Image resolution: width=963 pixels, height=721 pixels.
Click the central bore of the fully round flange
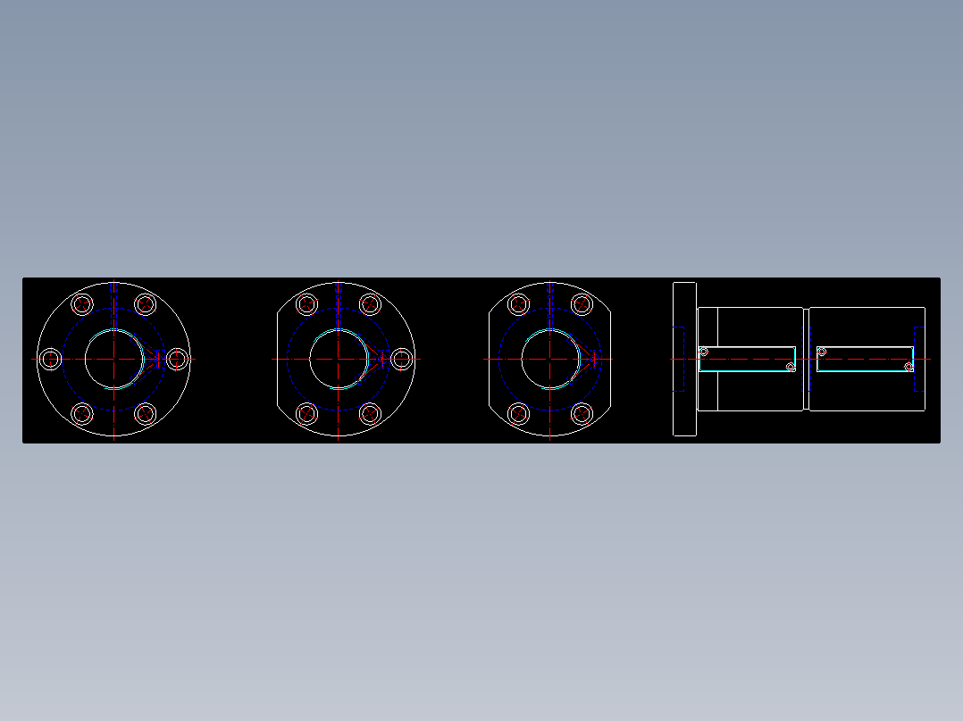[113, 359]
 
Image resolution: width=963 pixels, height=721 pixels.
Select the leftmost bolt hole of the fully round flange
[50, 359]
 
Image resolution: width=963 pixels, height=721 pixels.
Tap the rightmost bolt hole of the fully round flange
[178, 359]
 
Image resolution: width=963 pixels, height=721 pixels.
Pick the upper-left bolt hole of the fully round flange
[82, 304]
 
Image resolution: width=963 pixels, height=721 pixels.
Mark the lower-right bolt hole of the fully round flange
[146, 414]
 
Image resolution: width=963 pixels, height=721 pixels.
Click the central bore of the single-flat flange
[339, 359]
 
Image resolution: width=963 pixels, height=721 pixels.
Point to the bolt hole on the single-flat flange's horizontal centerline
[403, 359]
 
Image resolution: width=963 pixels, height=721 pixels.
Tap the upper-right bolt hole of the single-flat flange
[371, 304]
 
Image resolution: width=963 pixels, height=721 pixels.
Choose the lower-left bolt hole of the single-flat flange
[307, 414]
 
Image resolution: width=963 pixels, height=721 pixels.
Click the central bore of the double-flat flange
[549, 359]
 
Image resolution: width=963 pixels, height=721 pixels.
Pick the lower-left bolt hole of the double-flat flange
[518, 414]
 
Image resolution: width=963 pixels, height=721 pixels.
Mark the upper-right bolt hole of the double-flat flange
[582, 304]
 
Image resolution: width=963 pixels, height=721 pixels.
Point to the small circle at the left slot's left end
[704, 352]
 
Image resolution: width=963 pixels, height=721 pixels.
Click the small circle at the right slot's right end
[909, 367]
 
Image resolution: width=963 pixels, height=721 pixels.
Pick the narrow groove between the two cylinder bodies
[806, 359]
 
